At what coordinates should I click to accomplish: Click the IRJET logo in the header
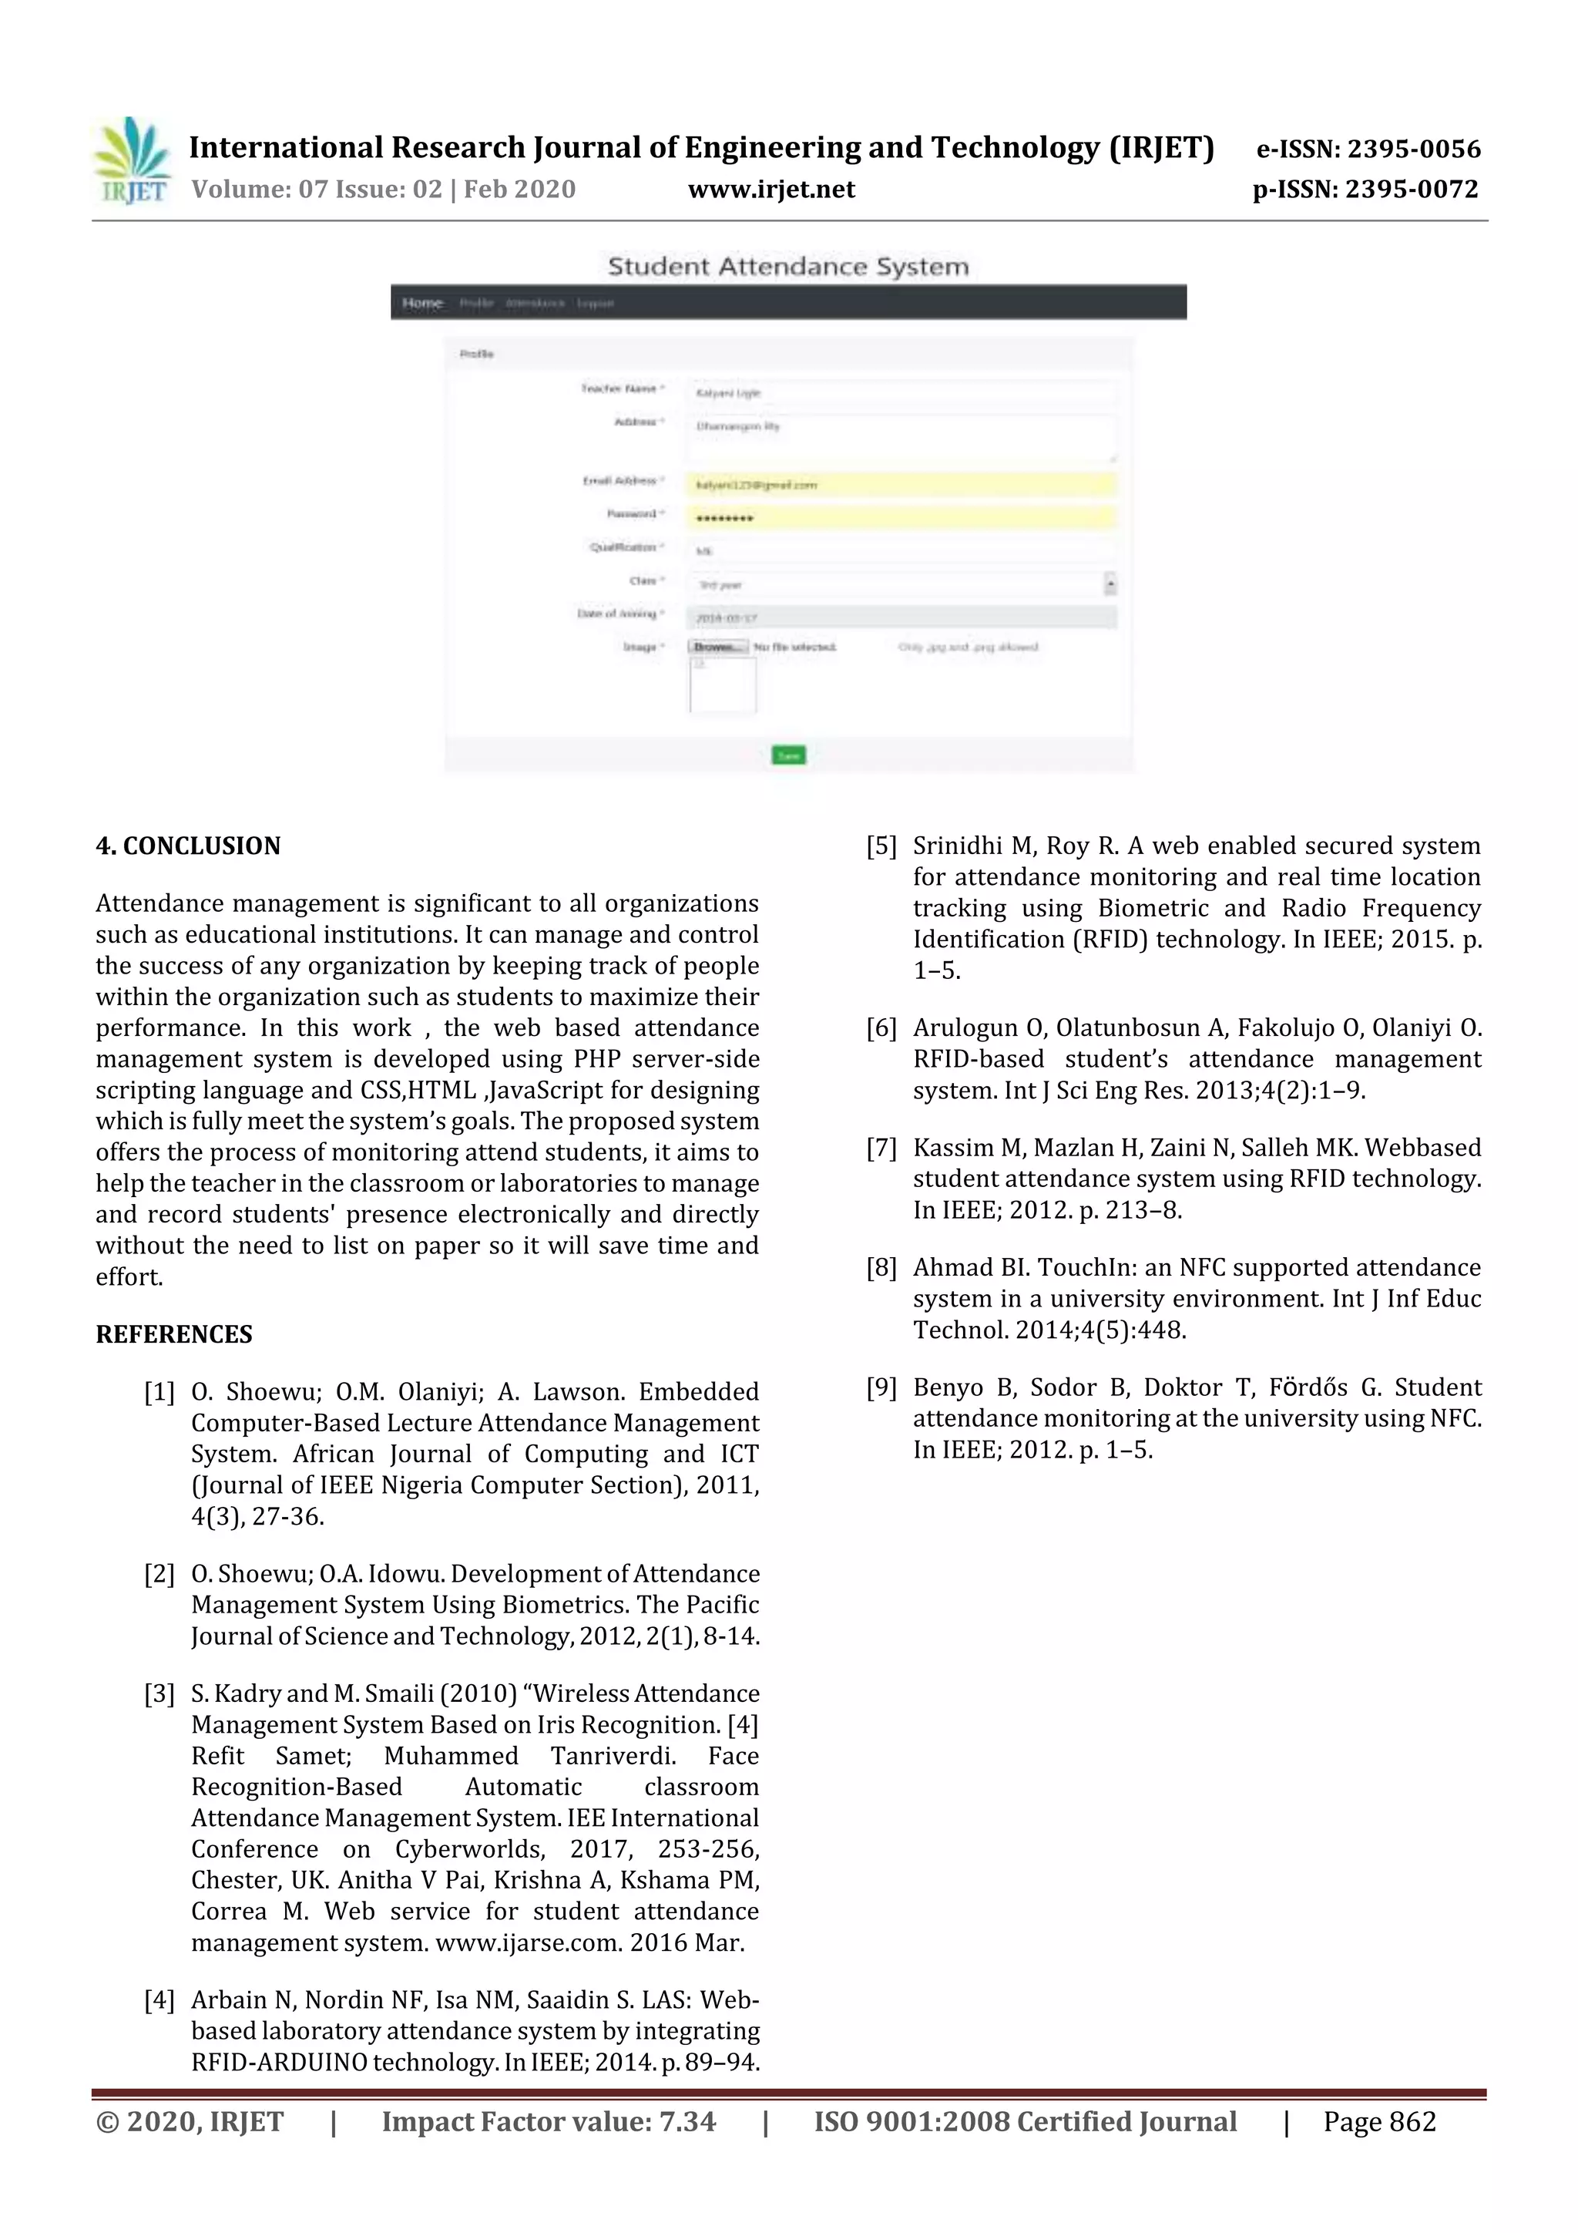coord(133,161)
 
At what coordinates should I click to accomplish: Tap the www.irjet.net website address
coord(771,190)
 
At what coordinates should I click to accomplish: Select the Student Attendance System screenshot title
coord(787,267)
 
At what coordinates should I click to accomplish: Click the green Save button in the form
coord(787,755)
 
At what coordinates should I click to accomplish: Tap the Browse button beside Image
coord(717,647)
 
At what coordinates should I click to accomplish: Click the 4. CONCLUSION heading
coord(188,846)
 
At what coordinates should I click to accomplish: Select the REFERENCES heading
coord(174,1334)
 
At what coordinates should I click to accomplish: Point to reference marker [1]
coord(159,1393)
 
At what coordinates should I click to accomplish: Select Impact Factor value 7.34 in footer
coord(549,2122)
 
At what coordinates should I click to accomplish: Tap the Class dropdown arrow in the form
coord(1110,583)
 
